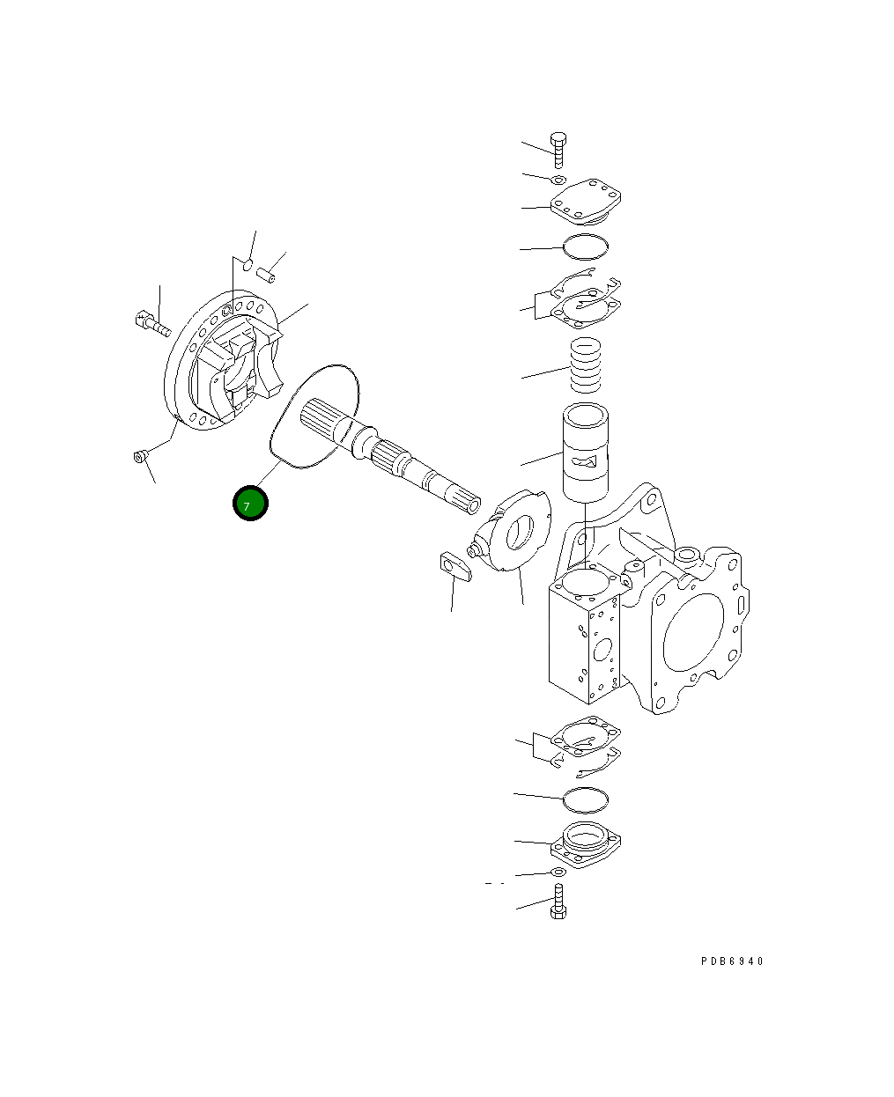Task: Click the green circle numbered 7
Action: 249,504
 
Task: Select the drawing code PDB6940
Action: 732,961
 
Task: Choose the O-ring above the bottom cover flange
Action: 585,800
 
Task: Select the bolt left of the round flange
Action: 151,324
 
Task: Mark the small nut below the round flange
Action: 138,455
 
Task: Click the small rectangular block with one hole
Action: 454,565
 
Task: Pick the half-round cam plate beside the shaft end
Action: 515,533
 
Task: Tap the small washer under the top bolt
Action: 558,180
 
